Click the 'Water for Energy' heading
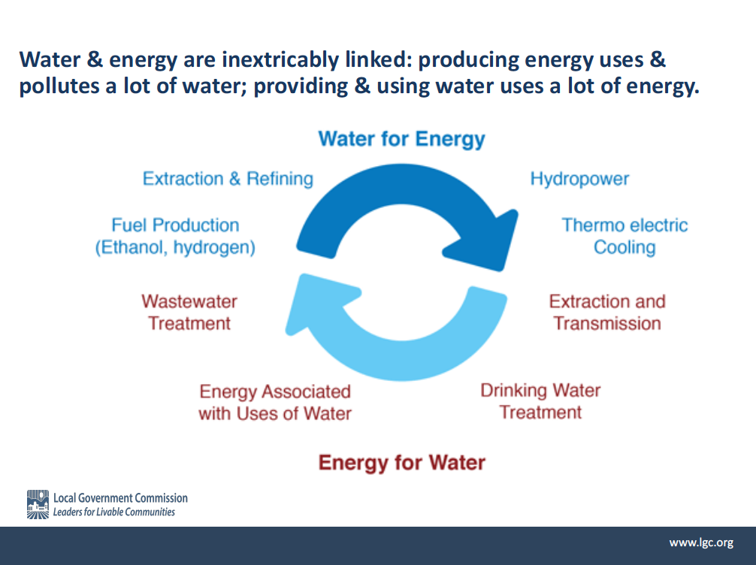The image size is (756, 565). click(401, 139)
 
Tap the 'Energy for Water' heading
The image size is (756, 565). click(401, 462)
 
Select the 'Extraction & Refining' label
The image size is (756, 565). click(228, 178)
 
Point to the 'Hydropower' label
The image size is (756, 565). click(579, 180)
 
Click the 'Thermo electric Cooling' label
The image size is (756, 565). click(624, 236)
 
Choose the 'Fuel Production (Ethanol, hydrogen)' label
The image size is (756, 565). click(175, 236)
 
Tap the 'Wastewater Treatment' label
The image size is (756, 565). click(189, 313)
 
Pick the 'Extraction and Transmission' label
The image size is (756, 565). click(607, 313)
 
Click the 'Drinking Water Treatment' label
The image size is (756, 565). click(540, 401)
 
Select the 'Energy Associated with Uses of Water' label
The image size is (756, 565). click(275, 403)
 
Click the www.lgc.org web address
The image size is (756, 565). click(702, 542)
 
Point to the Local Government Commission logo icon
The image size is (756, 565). click(38, 504)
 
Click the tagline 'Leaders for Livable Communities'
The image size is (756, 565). click(113, 512)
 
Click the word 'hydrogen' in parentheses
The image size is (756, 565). click(215, 248)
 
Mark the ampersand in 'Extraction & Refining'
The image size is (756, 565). click(234, 179)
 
